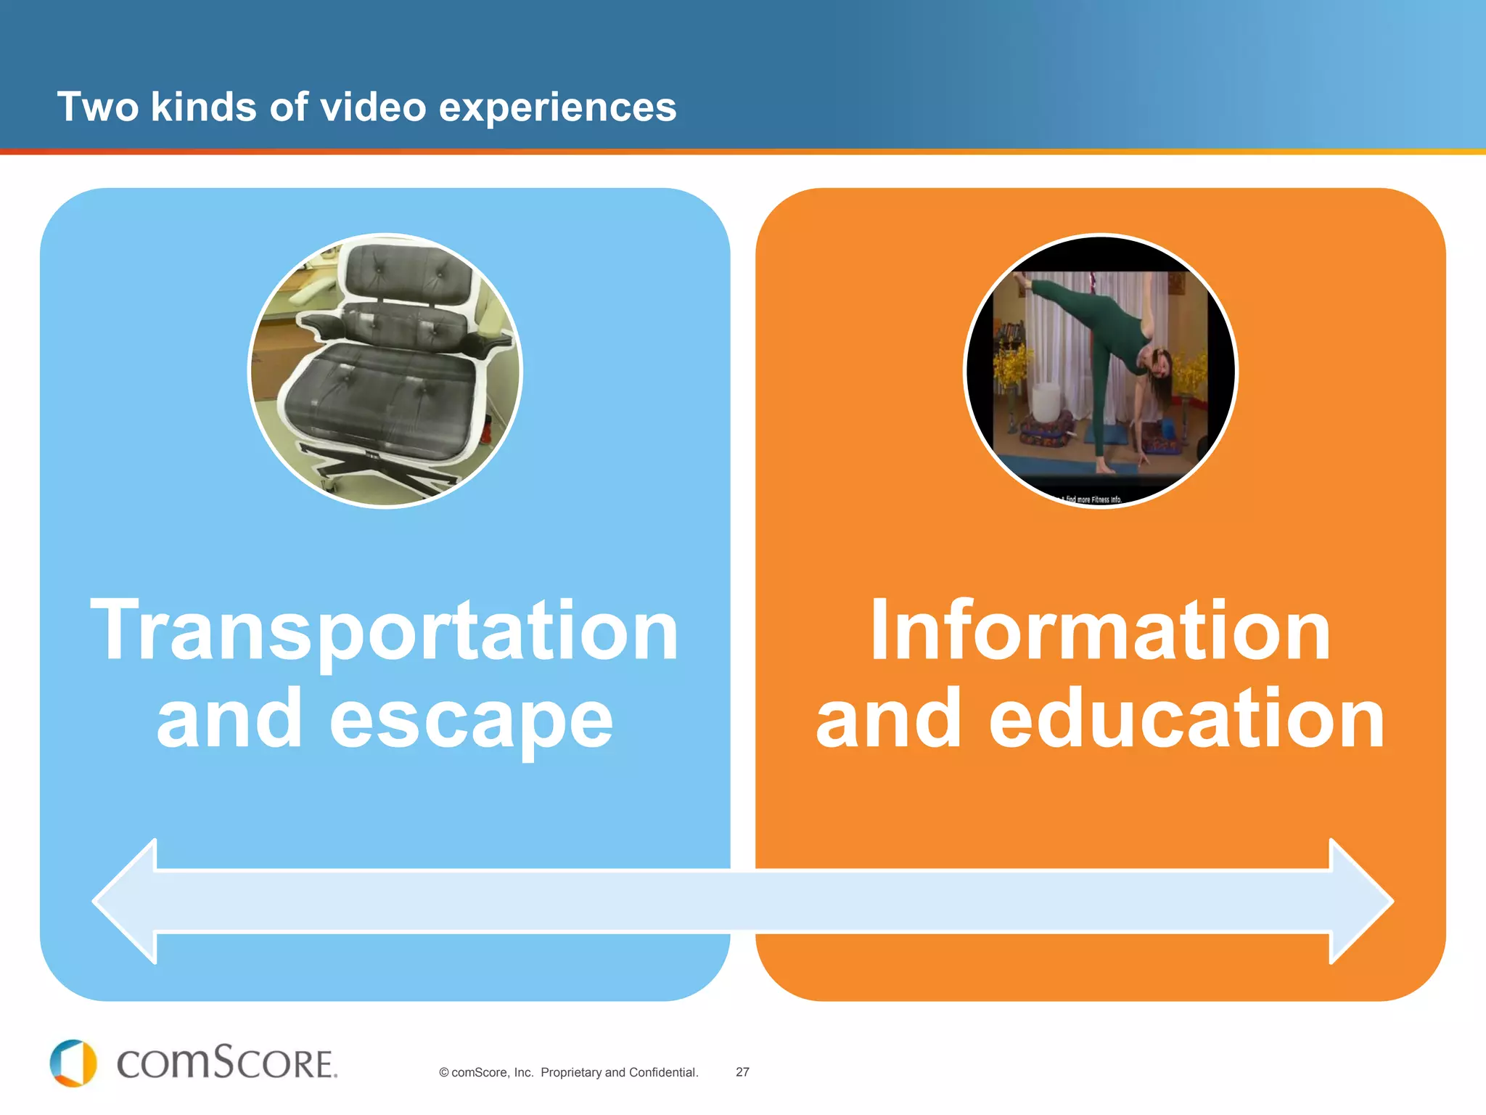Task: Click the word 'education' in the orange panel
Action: [1187, 719]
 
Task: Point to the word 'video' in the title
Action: [373, 107]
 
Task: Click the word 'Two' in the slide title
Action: [98, 107]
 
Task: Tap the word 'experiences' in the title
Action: [557, 107]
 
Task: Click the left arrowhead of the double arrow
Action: [127, 901]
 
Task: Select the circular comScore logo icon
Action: [73, 1063]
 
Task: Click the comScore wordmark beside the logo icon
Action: [227, 1063]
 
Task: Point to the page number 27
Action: [742, 1072]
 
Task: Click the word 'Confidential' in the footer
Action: [662, 1072]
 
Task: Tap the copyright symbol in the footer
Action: [443, 1073]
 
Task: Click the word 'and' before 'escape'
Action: [229, 719]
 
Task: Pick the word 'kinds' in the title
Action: [203, 107]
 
